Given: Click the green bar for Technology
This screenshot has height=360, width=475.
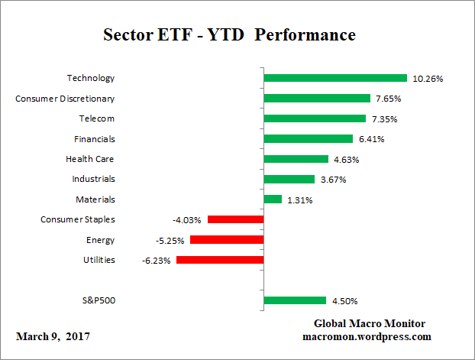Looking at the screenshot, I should [x=334, y=78].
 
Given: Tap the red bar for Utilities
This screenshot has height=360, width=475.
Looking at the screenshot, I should [x=220, y=260].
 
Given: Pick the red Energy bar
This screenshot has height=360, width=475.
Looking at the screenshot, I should [x=227, y=240].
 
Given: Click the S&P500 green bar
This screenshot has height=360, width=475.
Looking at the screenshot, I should [x=295, y=300].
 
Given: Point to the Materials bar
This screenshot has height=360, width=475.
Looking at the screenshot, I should [x=273, y=199].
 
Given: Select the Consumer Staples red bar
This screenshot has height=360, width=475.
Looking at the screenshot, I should [x=235, y=219].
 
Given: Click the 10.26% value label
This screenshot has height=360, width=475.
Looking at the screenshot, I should [x=428, y=79].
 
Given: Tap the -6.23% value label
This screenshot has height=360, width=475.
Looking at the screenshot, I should [x=157, y=261].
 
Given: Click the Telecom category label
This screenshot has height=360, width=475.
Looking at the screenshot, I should [x=97, y=118].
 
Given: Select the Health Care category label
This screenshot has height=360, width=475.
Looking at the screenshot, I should [x=90, y=159].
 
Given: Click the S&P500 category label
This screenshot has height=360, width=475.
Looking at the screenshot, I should [x=98, y=300].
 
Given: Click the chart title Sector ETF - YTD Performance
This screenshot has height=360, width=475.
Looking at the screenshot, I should [x=229, y=36].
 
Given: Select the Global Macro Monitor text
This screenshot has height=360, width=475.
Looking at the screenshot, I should [x=369, y=323].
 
